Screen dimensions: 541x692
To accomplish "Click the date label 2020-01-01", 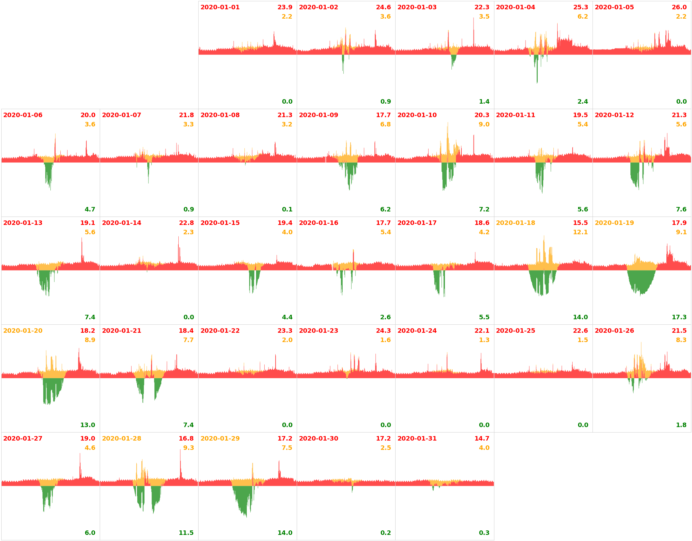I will [220, 7].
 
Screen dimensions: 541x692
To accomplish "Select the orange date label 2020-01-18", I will [515, 223].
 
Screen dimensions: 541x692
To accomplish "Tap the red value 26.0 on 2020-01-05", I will [679, 7].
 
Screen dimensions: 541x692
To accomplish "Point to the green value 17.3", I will [679, 317].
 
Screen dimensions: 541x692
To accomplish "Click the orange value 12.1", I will [580, 232].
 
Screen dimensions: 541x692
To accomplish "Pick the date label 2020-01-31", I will [417, 439].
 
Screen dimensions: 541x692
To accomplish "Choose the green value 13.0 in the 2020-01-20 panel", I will [88, 425].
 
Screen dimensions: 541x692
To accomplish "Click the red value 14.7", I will [482, 439].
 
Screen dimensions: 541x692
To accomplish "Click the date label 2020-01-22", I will [220, 331].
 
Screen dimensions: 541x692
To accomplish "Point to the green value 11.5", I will [186, 533].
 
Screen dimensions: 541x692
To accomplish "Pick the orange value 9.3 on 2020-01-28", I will [188, 448].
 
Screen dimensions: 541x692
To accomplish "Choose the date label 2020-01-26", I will [614, 331].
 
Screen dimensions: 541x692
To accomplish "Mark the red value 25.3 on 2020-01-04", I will [580, 7].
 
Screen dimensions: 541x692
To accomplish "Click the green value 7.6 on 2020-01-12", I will [681, 210].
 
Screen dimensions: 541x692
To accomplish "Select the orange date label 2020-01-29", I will [220, 439].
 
